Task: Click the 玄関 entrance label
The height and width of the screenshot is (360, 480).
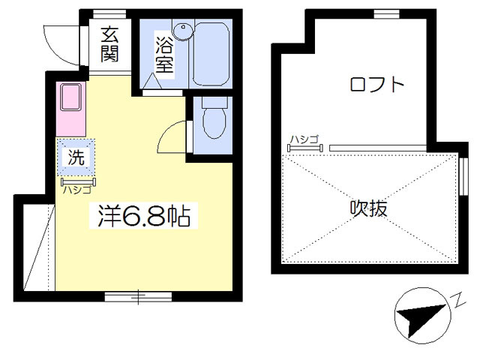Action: [x=109, y=44]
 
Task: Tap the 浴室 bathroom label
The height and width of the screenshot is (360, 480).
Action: [x=164, y=55]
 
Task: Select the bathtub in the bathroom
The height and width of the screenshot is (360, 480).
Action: [x=211, y=54]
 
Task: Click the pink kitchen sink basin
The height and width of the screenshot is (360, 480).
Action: [x=70, y=97]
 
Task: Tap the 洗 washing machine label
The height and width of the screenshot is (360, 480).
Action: [x=76, y=157]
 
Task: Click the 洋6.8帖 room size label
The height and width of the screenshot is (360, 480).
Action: [x=144, y=215]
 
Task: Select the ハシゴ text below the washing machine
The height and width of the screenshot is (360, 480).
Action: [x=77, y=190]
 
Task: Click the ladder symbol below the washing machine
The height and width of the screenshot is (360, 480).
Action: [x=78, y=181]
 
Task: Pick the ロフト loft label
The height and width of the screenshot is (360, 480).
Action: [x=377, y=84]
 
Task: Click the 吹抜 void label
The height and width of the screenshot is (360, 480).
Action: [x=368, y=208]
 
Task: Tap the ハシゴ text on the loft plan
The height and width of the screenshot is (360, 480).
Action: [x=304, y=139]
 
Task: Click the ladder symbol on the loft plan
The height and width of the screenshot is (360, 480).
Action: [x=305, y=148]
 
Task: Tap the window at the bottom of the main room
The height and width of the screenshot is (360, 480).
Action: [x=138, y=297]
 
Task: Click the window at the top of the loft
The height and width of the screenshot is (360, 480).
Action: [x=387, y=13]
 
